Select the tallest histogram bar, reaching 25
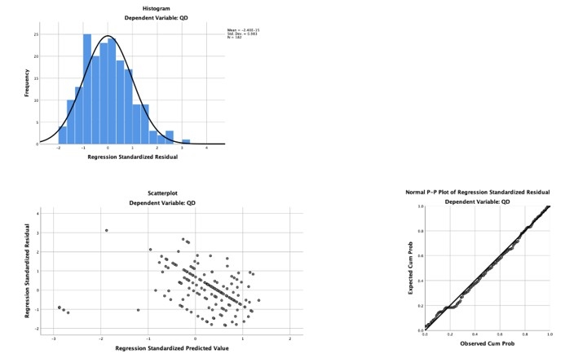(x=87, y=90)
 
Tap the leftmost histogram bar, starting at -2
(x=62, y=135)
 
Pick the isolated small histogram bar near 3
(x=186, y=142)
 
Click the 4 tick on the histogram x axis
(x=205, y=148)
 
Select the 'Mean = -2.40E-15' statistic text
(x=242, y=30)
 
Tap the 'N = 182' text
(x=236, y=38)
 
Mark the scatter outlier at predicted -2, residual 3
(x=106, y=230)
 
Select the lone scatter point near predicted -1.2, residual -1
(x=139, y=310)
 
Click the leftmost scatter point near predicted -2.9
(x=59, y=308)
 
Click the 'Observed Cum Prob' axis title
(x=487, y=343)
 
